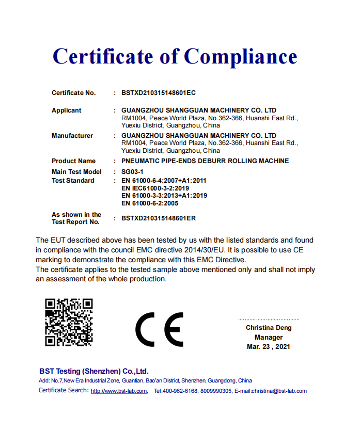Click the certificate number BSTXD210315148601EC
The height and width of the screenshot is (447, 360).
(158, 93)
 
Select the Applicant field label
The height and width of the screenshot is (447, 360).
(66, 110)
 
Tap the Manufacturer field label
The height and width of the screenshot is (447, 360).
(72, 136)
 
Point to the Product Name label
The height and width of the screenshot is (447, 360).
(73, 161)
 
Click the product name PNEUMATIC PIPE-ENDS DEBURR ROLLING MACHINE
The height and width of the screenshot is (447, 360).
(205, 161)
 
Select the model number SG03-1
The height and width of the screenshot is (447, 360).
(132, 171)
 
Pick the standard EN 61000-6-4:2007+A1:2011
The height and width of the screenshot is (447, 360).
(164, 181)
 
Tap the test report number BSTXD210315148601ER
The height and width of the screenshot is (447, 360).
(158, 218)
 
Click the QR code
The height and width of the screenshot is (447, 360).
(69, 322)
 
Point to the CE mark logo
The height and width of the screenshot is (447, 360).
(159, 329)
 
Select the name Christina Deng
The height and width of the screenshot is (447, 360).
(269, 328)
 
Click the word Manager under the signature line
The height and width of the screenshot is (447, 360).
(269, 337)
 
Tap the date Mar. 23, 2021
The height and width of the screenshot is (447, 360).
(269, 347)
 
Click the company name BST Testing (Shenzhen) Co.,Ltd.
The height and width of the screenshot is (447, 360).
(94, 371)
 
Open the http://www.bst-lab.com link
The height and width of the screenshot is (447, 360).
(119, 391)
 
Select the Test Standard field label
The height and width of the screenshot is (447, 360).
(73, 181)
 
